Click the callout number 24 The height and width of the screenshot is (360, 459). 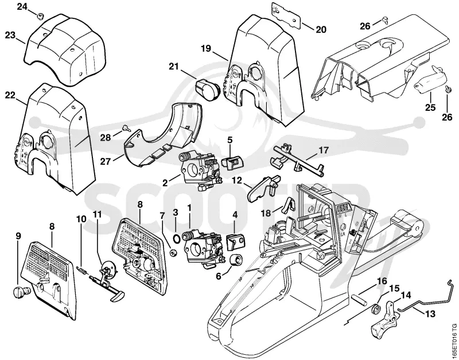pyautogui.click(x=22, y=6)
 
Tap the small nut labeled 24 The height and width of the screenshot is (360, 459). pyautogui.click(x=40, y=17)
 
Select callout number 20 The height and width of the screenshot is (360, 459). pyautogui.click(x=321, y=29)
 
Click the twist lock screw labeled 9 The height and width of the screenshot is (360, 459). pyautogui.click(x=22, y=291)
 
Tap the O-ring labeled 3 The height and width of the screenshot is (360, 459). pyautogui.click(x=176, y=239)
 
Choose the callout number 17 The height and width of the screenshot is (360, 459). pyautogui.click(x=324, y=150)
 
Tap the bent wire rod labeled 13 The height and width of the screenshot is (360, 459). pyautogui.click(x=425, y=301)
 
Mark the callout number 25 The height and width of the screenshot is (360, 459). pyautogui.click(x=430, y=107)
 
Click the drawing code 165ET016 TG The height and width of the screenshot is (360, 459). pyautogui.click(x=454, y=339)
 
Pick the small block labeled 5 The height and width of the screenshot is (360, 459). pyautogui.click(x=234, y=162)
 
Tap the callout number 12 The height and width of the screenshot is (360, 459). pyautogui.click(x=237, y=180)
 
